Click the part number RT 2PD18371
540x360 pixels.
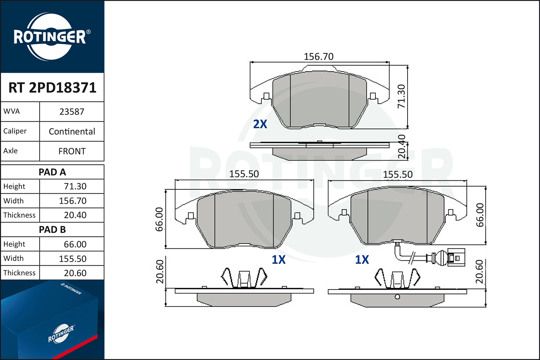point(52,87)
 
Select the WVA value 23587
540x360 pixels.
point(72,112)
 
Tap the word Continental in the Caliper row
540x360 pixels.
point(72,131)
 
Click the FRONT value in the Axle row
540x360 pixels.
point(72,151)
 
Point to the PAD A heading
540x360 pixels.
point(52,172)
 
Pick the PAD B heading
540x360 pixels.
point(52,230)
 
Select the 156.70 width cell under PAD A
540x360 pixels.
point(73,201)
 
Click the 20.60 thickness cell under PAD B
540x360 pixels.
point(75,273)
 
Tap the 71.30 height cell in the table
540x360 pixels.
point(75,186)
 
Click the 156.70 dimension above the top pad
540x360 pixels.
point(319,57)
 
